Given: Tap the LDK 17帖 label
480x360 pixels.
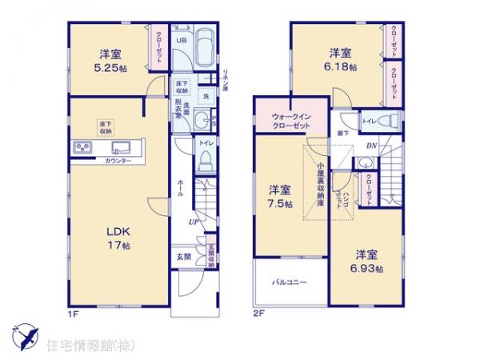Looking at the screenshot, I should pyautogui.click(x=118, y=238).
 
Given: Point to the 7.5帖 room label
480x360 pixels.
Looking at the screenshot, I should pyautogui.click(x=279, y=198).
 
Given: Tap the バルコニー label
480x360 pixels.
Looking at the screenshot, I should pyautogui.click(x=285, y=282).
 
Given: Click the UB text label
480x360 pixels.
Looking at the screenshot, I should pyautogui.click(x=181, y=39).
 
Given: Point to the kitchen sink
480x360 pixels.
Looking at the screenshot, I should pyautogui.click(x=122, y=147).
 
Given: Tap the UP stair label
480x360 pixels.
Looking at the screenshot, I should pyautogui.click(x=193, y=222).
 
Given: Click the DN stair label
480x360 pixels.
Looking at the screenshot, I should pyautogui.click(x=371, y=146).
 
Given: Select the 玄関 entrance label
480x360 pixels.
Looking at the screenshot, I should pyautogui.click(x=183, y=256).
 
